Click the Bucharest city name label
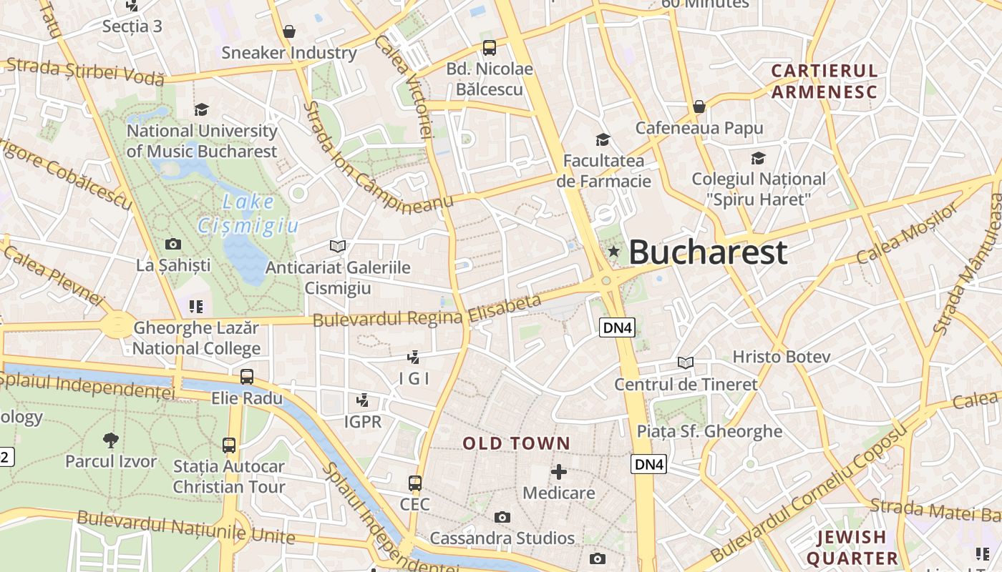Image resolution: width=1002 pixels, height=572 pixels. (x=708, y=252)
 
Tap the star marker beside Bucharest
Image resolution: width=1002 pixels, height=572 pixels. (x=613, y=251)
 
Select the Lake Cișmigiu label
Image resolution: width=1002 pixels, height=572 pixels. (x=248, y=214)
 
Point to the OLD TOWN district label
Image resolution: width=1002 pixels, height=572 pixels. (x=516, y=443)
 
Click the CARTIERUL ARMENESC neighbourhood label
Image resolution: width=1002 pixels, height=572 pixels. (x=824, y=81)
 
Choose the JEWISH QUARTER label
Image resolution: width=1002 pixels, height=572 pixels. (x=852, y=547)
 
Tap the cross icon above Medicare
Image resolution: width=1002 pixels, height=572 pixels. (x=559, y=472)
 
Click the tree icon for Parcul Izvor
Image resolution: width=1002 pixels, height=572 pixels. (x=110, y=440)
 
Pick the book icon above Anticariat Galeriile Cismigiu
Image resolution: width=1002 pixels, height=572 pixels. (x=338, y=246)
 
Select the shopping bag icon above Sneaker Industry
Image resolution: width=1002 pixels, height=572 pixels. (x=289, y=31)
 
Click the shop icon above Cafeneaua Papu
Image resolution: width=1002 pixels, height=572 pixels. (x=699, y=107)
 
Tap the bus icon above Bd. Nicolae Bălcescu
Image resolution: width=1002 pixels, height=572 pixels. (x=490, y=48)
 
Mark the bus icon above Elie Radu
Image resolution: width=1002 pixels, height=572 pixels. (x=247, y=376)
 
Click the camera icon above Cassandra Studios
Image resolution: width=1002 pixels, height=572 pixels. (x=502, y=517)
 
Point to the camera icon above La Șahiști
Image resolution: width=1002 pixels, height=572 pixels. (x=173, y=244)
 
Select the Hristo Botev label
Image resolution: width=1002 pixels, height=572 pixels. (x=781, y=356)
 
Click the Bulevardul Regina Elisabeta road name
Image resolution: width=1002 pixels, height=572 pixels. (x=427, y=310)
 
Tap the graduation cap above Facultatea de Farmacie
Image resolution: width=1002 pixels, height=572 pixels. (x=603, y=139)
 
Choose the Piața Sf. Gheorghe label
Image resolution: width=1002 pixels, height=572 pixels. (x=709, y=431)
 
